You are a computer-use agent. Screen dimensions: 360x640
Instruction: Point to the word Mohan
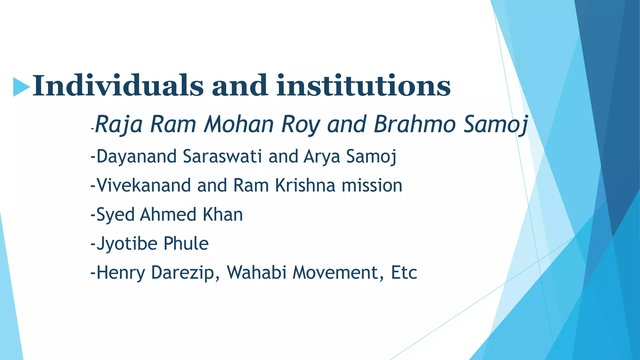coord(239,124)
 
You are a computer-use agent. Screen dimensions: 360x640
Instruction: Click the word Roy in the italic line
coord(301,124)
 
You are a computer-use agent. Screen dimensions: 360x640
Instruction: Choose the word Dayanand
coord(137,156)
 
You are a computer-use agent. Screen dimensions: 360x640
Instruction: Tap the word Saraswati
coord(222,156)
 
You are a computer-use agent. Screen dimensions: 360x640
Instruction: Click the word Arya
coord(322,156)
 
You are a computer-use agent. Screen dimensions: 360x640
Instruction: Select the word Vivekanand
coord(143,185)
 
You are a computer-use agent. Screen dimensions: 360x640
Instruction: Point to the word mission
coord(372,185)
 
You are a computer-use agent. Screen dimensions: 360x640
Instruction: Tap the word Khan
coord(222,215)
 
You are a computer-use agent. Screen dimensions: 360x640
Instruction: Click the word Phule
coord(186,244)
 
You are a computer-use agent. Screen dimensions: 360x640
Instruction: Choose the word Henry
coord(121,273)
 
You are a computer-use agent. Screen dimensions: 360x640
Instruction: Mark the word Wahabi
coord(257,273)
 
